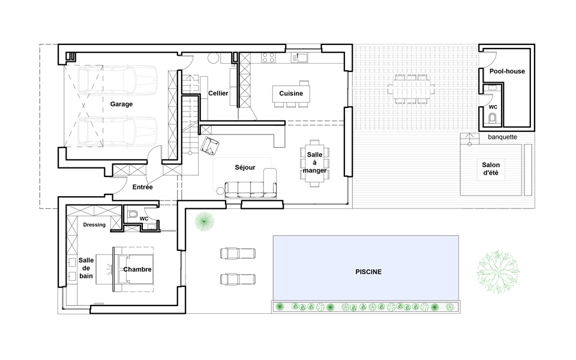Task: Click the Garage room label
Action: [x=121, y=104]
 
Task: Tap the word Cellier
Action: [x=218, y=94]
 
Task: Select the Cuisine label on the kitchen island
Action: [x=291, y=94]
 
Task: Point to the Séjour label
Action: [x=245, y=167]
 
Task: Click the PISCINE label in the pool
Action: [x=368, y=272]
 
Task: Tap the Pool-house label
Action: [x=507, y=71]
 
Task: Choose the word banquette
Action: [x=503, y=137]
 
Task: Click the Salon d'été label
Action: [x=491, y=169]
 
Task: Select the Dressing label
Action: [x=94, y=225]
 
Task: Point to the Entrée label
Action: [x=143, y=187]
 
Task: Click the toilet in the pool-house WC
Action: [x=493, y=118]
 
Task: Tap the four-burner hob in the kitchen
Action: [x=268, y=58]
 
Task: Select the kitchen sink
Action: [x=299, y=58]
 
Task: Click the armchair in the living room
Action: [x=210, y=145]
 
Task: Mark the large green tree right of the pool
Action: [x=498, y=272]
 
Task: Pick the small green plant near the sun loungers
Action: [x=204, y=222]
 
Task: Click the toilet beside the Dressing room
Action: [x=132, y=214]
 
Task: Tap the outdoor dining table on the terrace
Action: [x=411, y=89]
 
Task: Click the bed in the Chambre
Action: [x=133, y=269]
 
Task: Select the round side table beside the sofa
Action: [x=220, y=191]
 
